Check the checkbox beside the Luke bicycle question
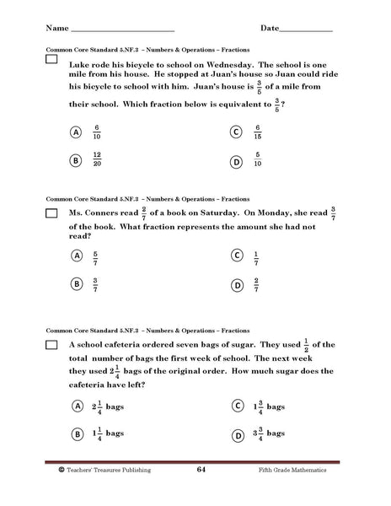tap(52, 62)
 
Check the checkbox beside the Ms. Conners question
tap(52, 213)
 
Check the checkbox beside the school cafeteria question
tap(52, 346)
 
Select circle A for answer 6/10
tap(76, 132)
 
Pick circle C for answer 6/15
tap(237, 132)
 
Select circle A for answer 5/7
tap(76, 256)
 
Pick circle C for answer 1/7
tap(237, 256)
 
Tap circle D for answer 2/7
tap(237, 285)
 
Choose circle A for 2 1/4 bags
tap(76, 406)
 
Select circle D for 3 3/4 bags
tap(237, 435)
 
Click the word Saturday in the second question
tap(221, 214)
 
